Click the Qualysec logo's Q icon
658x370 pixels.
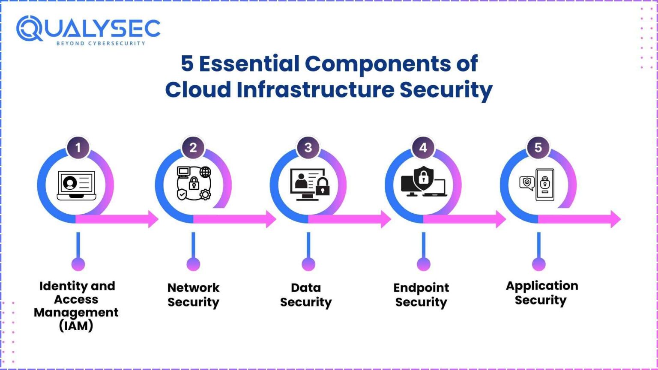point(29,29)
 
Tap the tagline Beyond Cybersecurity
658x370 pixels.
point(101,43)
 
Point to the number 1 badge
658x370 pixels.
point(78,148)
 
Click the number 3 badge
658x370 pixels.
point(308,148)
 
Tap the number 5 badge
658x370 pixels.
point(538,148)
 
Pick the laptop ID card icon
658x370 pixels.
point(77,185)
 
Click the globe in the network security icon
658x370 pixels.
point(206,172)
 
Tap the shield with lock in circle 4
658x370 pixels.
point(423,177)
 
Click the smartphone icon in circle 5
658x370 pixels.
point(545,184)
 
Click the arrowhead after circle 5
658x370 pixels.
point(616,219)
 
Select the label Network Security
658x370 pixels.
point(193,295)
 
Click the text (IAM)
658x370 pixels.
point(76,326)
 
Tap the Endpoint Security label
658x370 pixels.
point(421,295)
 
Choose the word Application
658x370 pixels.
point(542,286)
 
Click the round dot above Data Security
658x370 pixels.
point(308,264)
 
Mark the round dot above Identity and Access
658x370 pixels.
point(78,264)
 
